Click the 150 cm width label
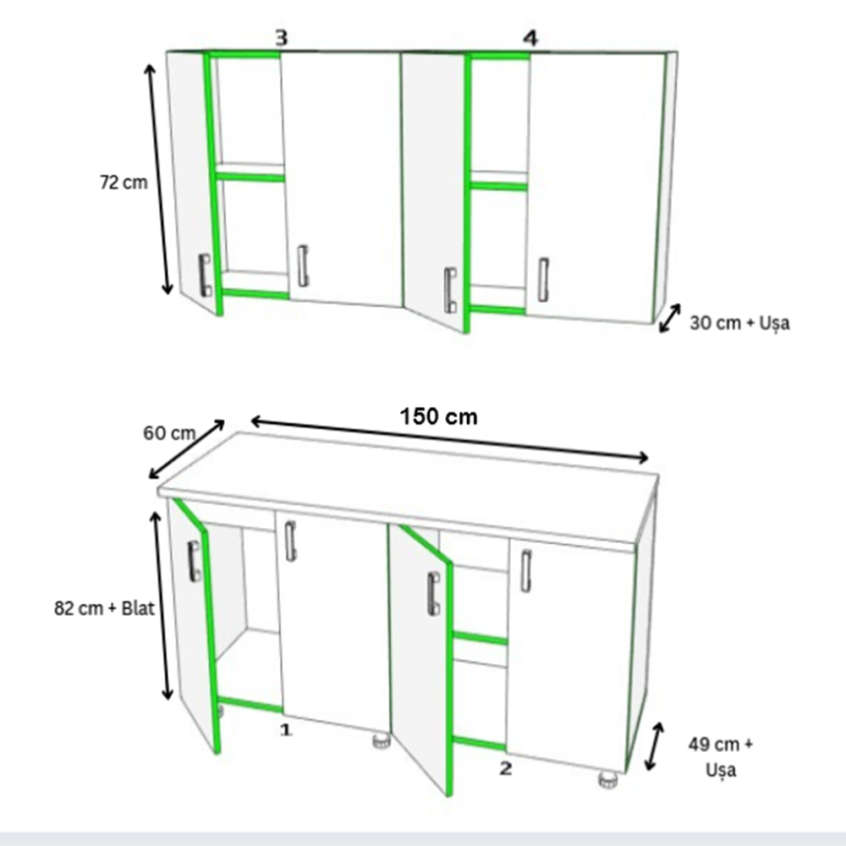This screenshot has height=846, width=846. click(x=438, y=417)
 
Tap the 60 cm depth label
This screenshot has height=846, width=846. click(x=169, y=432)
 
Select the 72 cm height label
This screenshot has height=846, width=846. click(x=124, y=183)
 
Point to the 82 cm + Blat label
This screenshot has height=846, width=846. click(x=104, y=608)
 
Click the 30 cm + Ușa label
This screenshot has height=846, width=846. click(x=739, y=323)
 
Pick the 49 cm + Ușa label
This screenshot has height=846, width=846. click(x=720, y=757)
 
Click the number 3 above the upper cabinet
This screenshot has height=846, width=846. click(x=282, y=38)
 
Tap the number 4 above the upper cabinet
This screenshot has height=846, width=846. click(x=531, y=38)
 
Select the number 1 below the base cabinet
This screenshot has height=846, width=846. click(x=285, y=730)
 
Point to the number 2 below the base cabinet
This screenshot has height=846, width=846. click(x=506, y=768)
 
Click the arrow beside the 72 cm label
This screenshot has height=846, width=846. click(x=159, y=179)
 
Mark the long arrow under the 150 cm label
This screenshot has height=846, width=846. click(x=449, y=440)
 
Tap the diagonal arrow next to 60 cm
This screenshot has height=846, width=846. click(x=186, y=449)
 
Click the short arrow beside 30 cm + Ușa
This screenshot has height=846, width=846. click(x=669, y=318)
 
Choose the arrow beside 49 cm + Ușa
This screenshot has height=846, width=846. click(x=655, y=747)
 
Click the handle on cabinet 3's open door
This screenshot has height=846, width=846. click(x=205, y=275)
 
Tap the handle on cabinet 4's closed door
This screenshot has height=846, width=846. click(x=543, y=279)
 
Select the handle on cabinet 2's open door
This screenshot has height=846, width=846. click(x=432, y=594)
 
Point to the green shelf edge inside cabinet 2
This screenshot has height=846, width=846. click(x=480, y=639)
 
